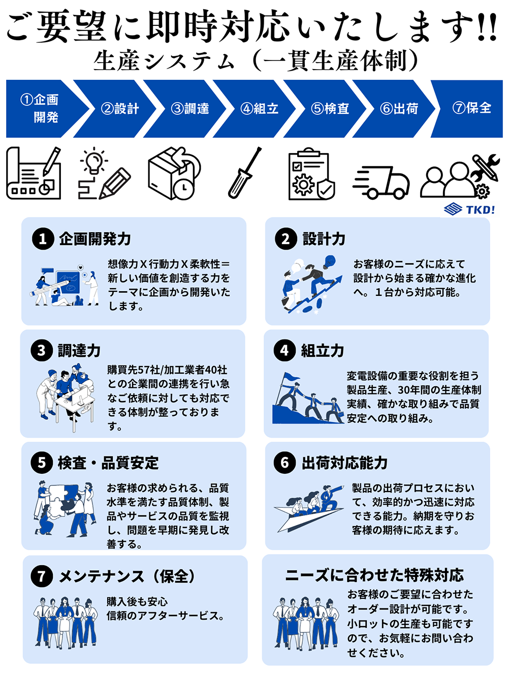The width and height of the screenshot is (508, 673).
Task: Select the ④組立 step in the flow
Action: click(x=259, y=108)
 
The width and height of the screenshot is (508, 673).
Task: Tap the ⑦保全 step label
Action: click(x=471, y=108)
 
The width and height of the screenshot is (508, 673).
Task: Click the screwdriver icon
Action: click(x=244, y=173)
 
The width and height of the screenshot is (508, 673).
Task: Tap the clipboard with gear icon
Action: click(x=310, y=174)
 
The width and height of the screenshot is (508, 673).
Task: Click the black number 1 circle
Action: click(x=43, y=239)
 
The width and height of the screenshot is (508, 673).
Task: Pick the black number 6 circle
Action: click(x=285, y=463)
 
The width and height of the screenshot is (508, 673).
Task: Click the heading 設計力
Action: click(x=324, y=239)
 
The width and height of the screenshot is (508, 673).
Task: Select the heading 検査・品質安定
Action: click(x=108, y=463)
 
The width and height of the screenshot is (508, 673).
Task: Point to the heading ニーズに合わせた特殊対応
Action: click(x=374, y=575)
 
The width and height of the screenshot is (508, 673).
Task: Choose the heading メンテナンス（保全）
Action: click(x=127, y=576)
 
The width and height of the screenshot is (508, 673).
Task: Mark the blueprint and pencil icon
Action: click(x=34, y=174)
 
